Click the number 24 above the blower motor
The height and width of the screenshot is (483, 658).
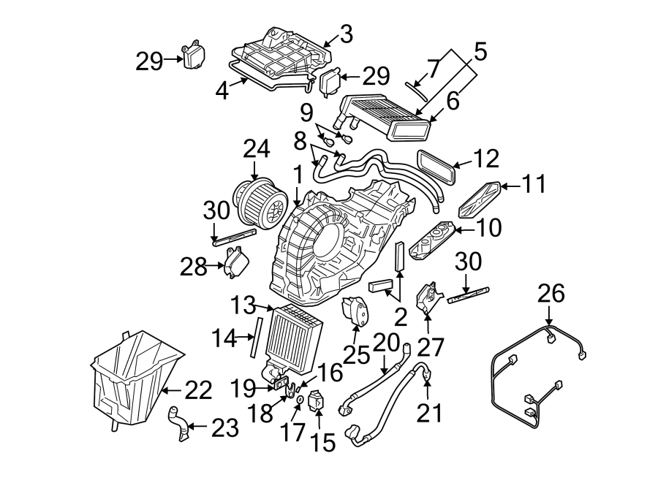pyautogui.click(x=256, y=150)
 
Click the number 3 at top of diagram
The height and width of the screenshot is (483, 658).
pyautogui.click(x=346, y=34)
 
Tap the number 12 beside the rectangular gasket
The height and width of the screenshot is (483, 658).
pyautogui.click(x=486, y=159)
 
